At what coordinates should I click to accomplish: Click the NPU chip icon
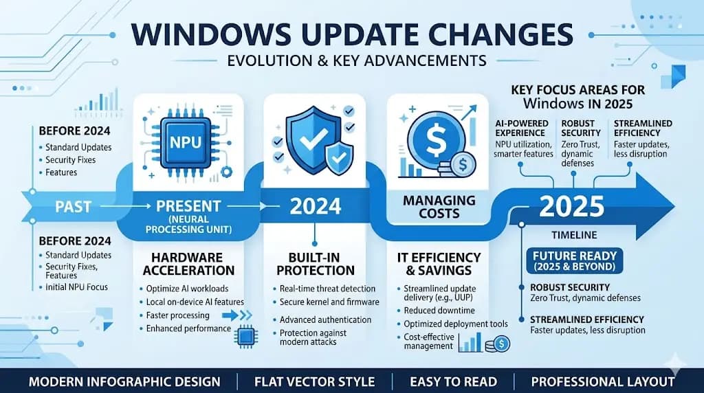click(186, 142)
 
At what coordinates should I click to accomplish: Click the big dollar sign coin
click(435, 139)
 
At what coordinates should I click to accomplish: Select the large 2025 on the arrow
click(571, 206)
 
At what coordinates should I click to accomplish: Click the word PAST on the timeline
click(73, 207)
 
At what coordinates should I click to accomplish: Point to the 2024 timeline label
click(315, 206)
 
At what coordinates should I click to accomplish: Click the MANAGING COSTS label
click(439, 206)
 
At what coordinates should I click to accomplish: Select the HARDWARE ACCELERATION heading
click(188, 264)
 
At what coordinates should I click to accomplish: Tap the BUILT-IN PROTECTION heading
click(315, 264)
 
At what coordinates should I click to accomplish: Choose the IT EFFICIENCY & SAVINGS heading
click(439, 264)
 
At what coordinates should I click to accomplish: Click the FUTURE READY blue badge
click(575, 260)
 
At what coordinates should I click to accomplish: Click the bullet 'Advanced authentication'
click(325, 320)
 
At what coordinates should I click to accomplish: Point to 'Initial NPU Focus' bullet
click(76, 287)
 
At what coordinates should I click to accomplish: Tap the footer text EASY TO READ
click(453, 382)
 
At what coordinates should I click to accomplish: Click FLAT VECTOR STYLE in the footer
click(314, 382)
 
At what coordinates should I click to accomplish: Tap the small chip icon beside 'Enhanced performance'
click(245, 337)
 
